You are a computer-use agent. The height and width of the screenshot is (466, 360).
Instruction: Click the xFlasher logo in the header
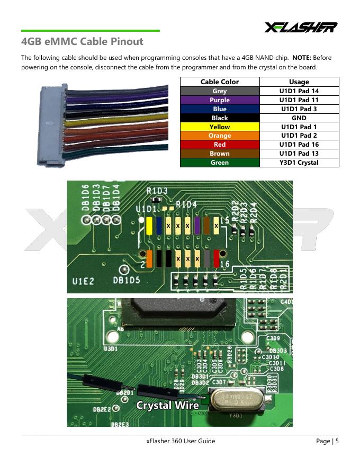(301, 27)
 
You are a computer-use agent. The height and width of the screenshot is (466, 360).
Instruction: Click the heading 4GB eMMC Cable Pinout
(82, 41)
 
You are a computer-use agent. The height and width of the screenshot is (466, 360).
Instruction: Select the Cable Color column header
(220, 82)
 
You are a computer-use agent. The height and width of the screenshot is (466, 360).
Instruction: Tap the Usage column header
(299, 82)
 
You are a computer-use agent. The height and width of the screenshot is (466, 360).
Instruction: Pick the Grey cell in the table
(220, 91)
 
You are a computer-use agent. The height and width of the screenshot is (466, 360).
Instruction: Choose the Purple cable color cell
(220, 100)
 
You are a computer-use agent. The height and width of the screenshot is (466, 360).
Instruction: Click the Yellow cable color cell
(220, 127)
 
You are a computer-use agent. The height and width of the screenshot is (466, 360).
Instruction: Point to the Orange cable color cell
(220, 136)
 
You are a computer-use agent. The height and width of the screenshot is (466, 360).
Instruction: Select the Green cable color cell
(220, 163)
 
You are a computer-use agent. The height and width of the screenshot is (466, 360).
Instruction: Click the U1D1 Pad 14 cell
(299, 91)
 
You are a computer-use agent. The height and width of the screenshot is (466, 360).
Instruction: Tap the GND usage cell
(299, 118)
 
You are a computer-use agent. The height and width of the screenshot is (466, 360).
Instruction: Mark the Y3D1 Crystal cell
(299, 163)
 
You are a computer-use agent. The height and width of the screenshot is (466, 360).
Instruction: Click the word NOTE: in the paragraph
(301, 57)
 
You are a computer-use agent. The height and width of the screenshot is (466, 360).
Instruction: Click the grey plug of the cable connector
(50, 124)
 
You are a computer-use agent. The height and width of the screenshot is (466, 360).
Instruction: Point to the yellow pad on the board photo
(149, 227)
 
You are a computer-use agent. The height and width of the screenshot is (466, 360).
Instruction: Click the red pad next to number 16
(216, 258)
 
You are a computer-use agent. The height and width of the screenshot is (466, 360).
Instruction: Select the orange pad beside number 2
(150, 258)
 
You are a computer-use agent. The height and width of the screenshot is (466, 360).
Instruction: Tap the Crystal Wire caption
(167, 405)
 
